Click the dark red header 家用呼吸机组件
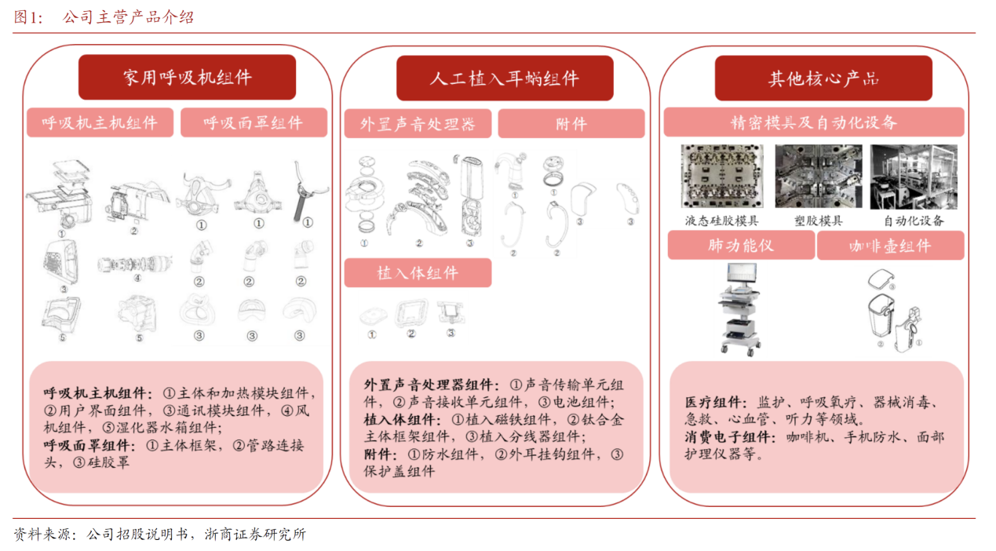(x=188, y=78)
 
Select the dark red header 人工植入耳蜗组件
(x=505, y=78)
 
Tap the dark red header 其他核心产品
(x=823, y=78)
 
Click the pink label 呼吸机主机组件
(x=100, y=122)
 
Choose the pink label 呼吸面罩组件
(x=254, y=122)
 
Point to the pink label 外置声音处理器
(x=418, y=123)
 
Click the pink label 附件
(x=571, y=123)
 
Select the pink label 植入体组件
(x=418, y=272)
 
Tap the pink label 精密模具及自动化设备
(x=814, y=122)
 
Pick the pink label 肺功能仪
(x=741, y=245)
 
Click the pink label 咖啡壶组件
(x=890, y=245)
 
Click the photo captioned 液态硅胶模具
(x=723, y=176)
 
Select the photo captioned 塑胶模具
(x=819, y=176)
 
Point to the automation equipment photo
(x=914, y=177)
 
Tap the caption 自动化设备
(x=914, y=221)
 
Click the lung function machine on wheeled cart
(x=740, y=309)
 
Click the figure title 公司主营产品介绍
(x=128, y=17)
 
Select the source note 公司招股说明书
(x=137, y=534)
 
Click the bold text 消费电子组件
(x=728, y=437)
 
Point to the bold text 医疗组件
(x=713, y=403)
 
